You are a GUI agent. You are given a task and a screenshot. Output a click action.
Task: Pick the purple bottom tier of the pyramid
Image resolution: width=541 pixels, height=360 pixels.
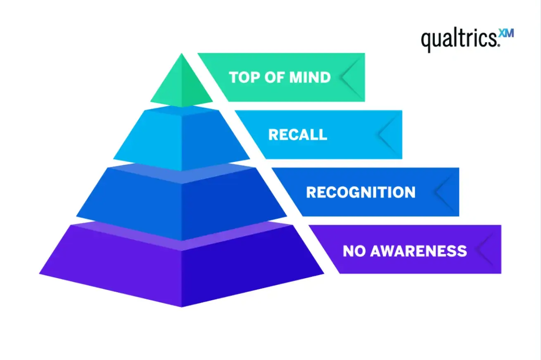(x=181, y=264)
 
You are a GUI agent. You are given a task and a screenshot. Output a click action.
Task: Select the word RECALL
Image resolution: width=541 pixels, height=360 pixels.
(x=297, y=135)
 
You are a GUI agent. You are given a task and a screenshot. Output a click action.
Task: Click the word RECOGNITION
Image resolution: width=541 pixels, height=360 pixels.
(x=361, y=192)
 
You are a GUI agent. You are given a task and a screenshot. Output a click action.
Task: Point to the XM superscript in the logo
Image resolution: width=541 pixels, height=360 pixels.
(x=507, y=33)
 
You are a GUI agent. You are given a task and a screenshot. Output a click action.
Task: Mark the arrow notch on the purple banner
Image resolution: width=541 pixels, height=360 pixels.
(x=486, y=249)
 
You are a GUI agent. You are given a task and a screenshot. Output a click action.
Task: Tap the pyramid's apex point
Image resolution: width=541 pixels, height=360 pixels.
(x=181, y=54)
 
